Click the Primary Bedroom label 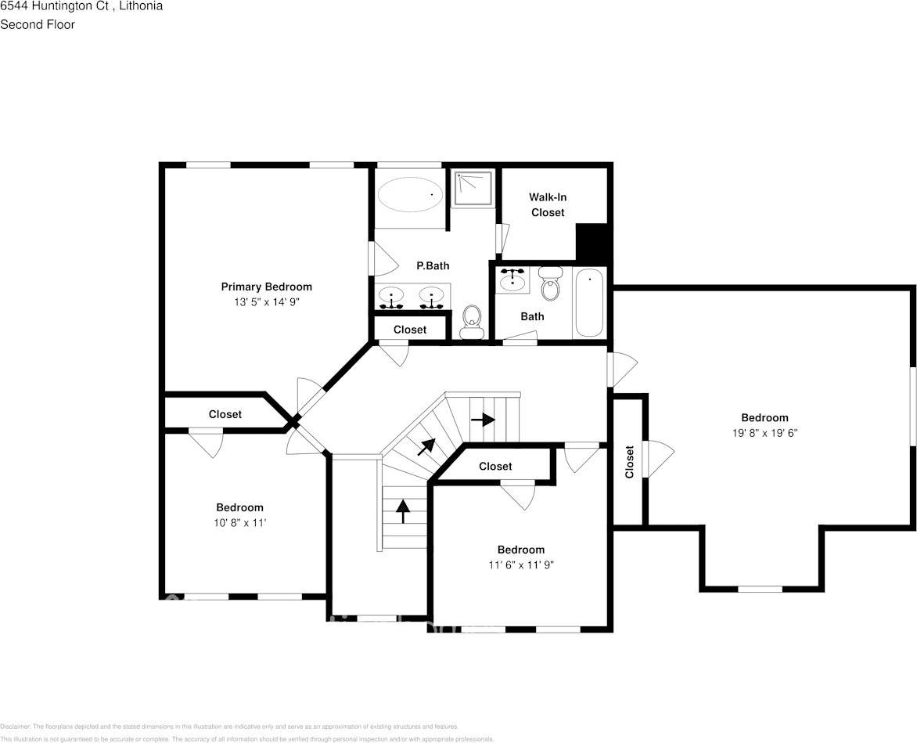266,287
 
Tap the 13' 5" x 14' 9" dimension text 266,301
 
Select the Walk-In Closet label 547,205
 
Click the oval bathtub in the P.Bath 410,194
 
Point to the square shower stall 473,189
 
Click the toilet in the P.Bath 472,319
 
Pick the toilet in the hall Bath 551,285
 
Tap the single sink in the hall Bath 512,279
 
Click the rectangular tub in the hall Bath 589,302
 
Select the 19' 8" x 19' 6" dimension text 764,432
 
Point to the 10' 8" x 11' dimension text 239,522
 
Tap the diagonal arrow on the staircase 426,446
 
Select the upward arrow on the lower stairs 403,511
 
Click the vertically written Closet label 629,462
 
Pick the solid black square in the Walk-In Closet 592,243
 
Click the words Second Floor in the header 38,24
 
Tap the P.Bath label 433,266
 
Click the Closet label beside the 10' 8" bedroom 225,414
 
